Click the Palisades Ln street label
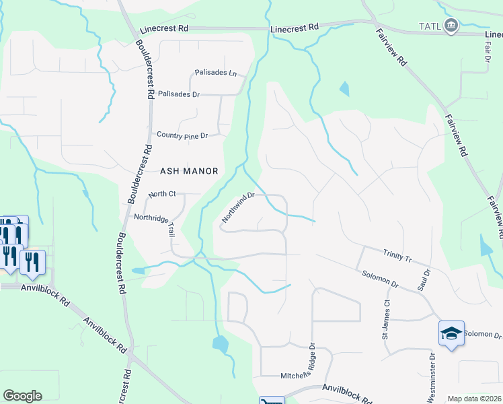click(215, 72)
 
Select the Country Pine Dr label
click(182, 135)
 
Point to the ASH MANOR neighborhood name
click(189, 171)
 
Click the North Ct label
click(162, 194)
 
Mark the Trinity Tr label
click(397, 257)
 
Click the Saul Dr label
click(426, 279)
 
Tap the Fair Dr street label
click(487, 59)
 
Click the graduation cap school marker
click(451, 333)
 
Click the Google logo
click(22, 396)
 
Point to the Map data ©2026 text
click(473, 399)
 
